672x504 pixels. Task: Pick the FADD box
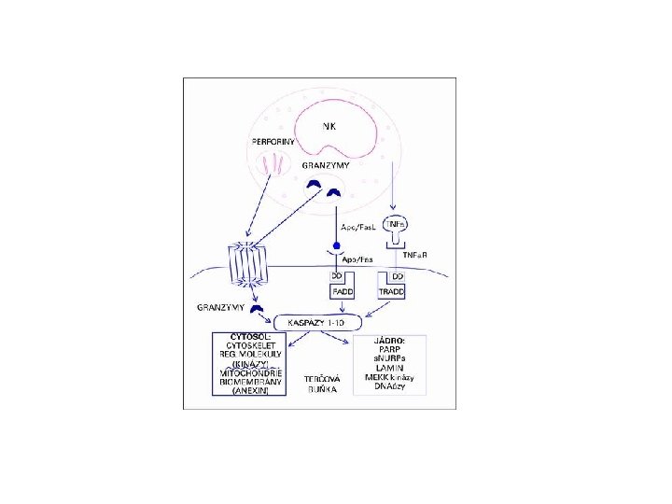coord(340,292)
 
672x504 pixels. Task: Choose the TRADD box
coord(392,292)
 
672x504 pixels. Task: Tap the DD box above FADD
coord(335,278)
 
